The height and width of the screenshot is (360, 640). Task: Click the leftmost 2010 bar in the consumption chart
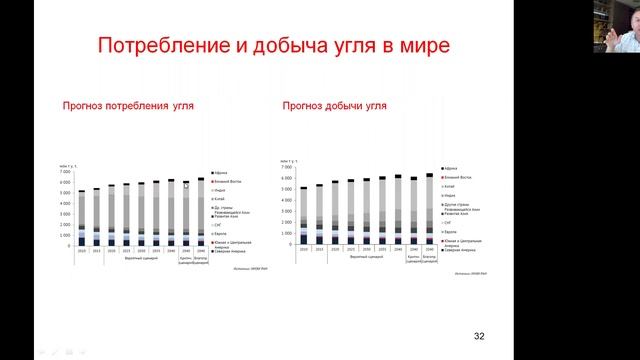click(x=82, y=218)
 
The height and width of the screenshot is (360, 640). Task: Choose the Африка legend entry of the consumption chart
click(x=221, y=173)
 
